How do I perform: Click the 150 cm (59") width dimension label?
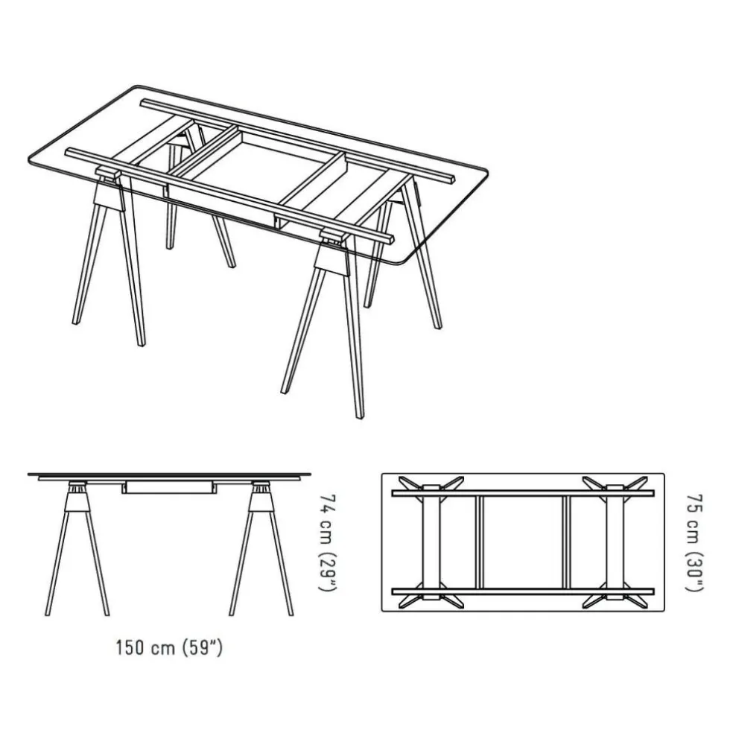point(168,647)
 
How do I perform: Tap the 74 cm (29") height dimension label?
point(325,542)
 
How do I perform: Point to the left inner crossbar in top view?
point(479,542)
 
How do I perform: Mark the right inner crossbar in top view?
point(566,542)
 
